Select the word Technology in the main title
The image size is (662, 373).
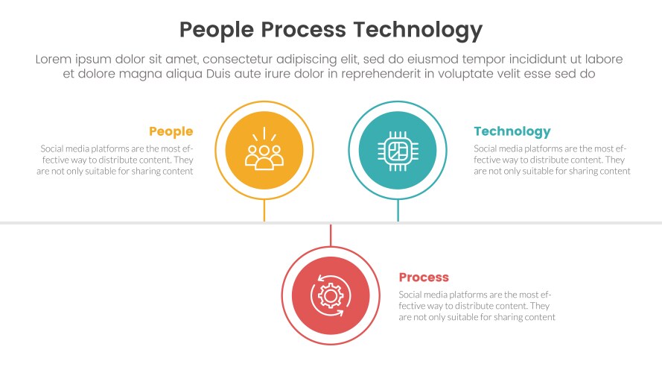point(417,30)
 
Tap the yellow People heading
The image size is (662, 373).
point(171,132)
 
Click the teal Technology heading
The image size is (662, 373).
point(512,132)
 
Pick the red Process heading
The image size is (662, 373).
point(424,278)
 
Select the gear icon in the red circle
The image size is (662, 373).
point(331,295)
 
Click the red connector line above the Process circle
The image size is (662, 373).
point(331,235)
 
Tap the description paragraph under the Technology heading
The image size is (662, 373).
point(552,160)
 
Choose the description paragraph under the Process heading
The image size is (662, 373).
point(477,306)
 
